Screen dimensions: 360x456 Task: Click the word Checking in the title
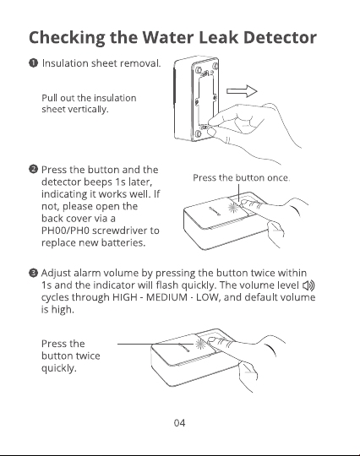point(68,38)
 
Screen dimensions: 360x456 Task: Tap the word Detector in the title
point(280,37)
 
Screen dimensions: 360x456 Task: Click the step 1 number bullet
point(34,63)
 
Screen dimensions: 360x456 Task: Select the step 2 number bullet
point(34,169)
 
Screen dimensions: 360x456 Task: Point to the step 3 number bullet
point(34,273)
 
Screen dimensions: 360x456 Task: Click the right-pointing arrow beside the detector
point(242,91)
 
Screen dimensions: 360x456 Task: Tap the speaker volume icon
point(308,285)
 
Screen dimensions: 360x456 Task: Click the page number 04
point(179,422)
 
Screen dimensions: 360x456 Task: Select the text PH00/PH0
point(65,231)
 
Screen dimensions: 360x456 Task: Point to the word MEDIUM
point(166,297)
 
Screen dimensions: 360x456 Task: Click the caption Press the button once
point(242,177)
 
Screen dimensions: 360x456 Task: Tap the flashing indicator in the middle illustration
point(233,208)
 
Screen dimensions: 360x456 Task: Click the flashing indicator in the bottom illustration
point(200,345)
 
